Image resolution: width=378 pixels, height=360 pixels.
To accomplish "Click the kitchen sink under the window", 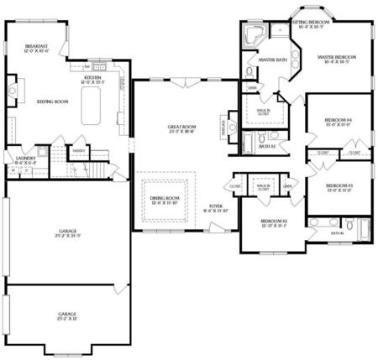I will click(97, 66).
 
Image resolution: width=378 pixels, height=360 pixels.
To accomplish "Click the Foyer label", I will click(216, 207).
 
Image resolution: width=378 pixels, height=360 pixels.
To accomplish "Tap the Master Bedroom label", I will click(336, 60).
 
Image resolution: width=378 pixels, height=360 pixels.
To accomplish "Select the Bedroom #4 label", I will click(337, 123).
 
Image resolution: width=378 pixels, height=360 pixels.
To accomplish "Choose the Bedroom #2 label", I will click(273, 222).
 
